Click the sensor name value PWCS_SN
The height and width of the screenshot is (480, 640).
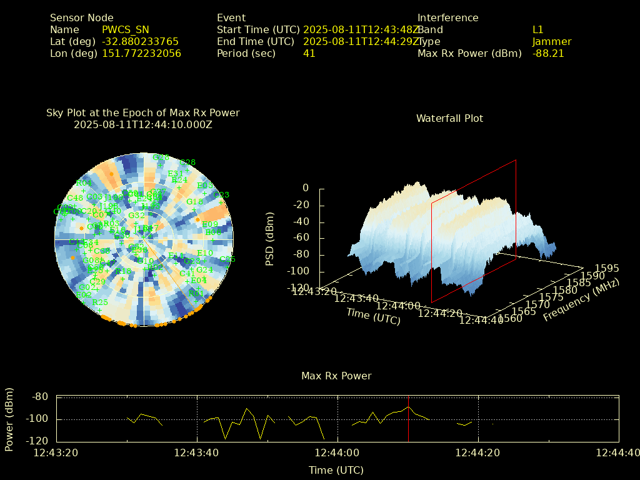point(126,29)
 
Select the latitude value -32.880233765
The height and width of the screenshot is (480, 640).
point(140,41)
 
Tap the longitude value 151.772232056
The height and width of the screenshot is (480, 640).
point(141,53)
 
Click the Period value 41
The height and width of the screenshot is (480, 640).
point(309,53)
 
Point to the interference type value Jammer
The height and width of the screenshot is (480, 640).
point(551,41)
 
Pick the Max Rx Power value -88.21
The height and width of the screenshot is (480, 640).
point(548,53)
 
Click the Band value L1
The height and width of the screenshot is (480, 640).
point(537,29)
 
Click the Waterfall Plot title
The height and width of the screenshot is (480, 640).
point(449,118)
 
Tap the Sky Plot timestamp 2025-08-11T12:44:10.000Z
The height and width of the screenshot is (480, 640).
point(142,124)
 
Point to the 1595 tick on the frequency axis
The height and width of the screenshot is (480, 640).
point(607,268)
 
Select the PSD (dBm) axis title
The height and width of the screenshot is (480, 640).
point(270,237)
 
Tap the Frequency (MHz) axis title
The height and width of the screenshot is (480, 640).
point(581,300)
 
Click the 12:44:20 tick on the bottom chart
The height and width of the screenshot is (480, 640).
point(478,452)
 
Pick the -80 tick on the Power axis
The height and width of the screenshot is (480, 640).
point(40,396)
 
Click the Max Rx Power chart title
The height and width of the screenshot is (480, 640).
point(336,376)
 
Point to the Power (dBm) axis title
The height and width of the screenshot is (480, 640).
point(9,419)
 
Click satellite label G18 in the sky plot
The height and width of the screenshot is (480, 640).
point(194,201)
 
